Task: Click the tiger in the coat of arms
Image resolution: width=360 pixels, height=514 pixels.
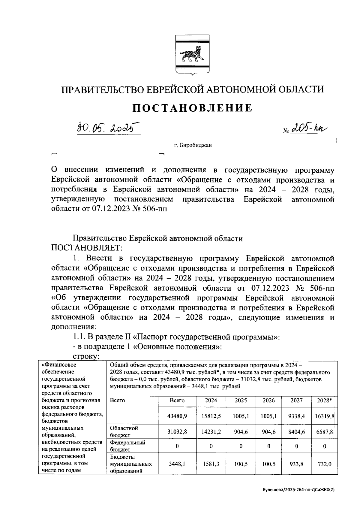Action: pyautogui.click(x=192, y=54)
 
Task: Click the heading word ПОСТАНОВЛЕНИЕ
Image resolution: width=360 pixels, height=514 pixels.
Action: pyautogui.click(x=192, y=108)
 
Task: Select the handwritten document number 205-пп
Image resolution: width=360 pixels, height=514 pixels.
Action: pyautogui.click(x=309, y=128)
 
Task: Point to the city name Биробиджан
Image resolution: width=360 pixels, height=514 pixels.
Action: pyautogui.click(x=193, y=146)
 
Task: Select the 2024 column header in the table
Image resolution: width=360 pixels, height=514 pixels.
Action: pyautogui.click(x=211, y=400)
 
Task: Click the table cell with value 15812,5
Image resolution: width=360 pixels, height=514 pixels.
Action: pyautogui.click(x=211, y=416)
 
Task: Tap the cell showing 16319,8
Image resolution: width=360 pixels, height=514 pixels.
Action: pyautogui.click(x=325, y=416)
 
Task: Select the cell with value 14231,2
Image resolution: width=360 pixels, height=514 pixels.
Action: pyautogui.click(x=211, y=431)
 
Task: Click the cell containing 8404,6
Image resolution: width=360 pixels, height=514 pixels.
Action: pyautogui.click(x=296, y=431)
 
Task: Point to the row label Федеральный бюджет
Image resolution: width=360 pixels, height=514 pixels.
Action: pyautogui.click(x=127, y=446)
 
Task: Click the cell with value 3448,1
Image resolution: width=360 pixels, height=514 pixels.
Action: pyautogui.click(x=177, y=464)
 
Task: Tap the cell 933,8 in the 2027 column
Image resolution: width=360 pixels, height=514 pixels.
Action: pyautogui.click(x=296, y=464)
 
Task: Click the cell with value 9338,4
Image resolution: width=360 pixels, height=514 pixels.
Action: pyautogui.click(x=296, y=416)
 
